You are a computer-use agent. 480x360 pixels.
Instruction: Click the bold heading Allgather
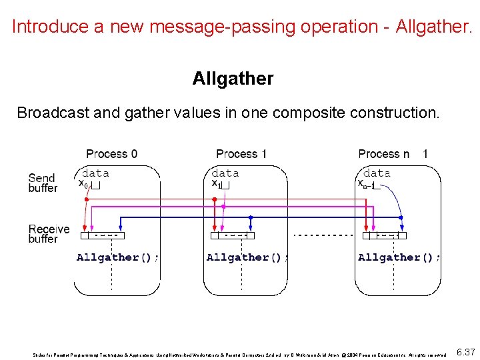[x=233, y=79]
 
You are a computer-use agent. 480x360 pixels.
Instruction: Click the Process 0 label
[x=112, y=154]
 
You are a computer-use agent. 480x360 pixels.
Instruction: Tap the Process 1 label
[x=241, y=154]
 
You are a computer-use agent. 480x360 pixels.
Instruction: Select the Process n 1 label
[x=393, y=154]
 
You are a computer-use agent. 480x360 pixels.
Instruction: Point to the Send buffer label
[x=43, y=183]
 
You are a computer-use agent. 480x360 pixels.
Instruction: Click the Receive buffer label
[x=49, y=234]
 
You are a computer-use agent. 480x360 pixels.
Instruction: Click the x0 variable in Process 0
[x=83, y=183]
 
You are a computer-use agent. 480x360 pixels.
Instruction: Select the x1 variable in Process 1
[x=216, y=183]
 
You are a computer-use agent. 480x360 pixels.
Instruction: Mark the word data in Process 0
[x=96, y=173]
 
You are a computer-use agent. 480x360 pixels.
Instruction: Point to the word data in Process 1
[x=225, y=173]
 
